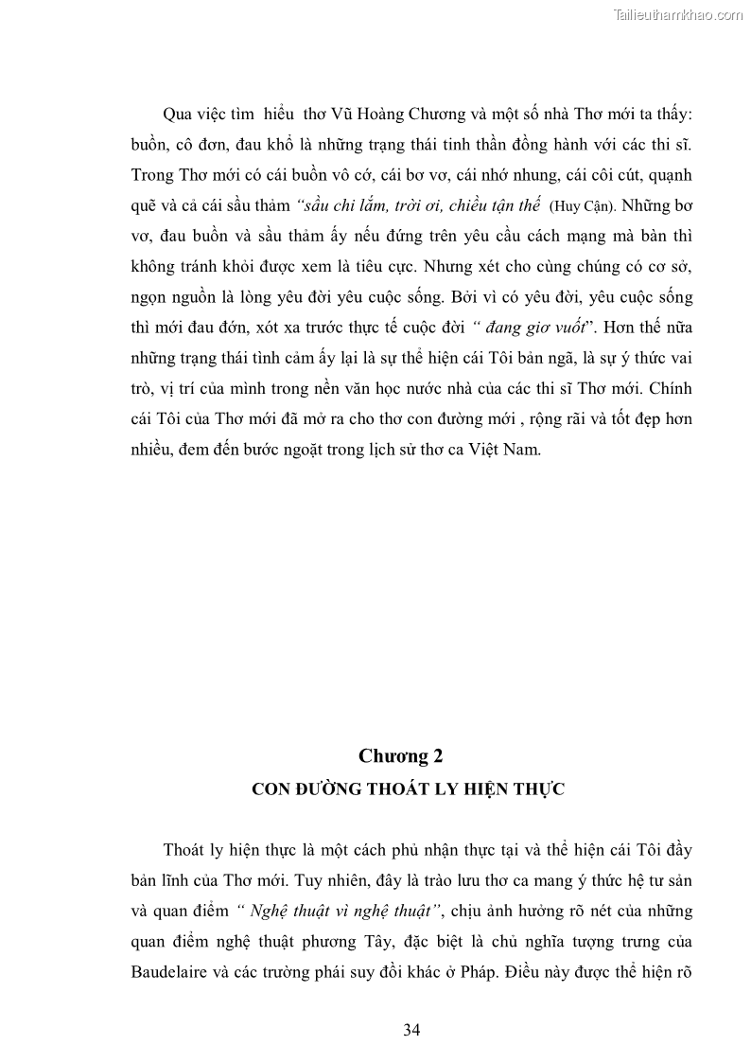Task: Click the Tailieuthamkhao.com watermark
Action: pyautogui.click(x=679, y=14)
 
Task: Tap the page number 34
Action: pyautogui.click(x=410, y=1030)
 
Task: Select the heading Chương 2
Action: pyautogui.click(x=401, y=755)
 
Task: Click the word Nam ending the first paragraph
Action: pyautogui.click(x=523, y=449)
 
